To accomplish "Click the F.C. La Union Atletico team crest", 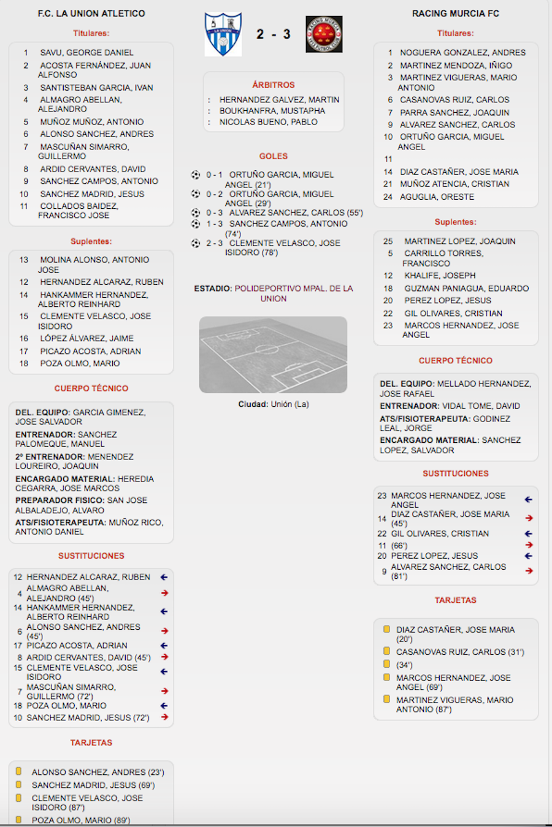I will point(223,34).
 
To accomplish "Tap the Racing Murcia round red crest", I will point(324,34).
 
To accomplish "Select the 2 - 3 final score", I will point(274,34).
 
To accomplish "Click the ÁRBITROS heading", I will point(274,85).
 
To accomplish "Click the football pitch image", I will point(274,355).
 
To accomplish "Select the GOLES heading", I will point(274,156).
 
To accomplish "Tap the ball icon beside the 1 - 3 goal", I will point(196,224).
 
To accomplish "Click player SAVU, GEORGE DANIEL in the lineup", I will point(86,53).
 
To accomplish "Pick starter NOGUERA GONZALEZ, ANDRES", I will point(462,53).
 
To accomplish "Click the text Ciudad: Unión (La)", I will point(274,404).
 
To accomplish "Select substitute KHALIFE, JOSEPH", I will point(439,276).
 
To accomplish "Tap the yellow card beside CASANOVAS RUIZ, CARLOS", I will point(386,651).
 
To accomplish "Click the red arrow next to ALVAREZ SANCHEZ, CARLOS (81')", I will point(529,571).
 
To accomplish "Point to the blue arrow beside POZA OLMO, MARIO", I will point(164,706).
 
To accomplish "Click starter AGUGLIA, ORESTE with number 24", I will point(437,197).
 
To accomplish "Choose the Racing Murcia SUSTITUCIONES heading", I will point(456,474).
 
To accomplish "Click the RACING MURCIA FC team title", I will point(456,13).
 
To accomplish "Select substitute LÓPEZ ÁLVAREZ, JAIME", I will point(86,338).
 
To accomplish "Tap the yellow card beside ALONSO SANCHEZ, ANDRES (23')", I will point(18,772).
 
